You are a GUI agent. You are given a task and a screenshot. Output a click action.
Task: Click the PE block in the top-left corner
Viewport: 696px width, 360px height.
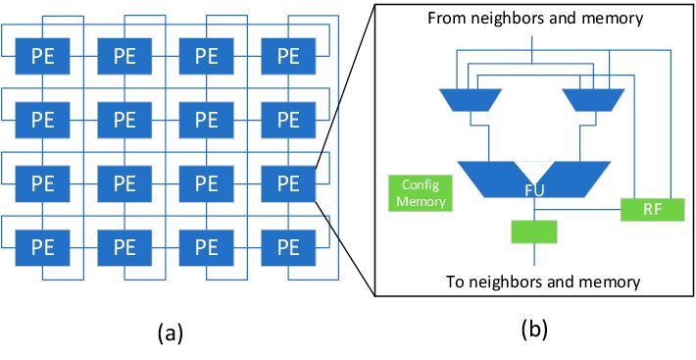(x=42, y=56)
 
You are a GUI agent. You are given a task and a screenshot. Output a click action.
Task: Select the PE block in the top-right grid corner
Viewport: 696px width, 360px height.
(x=287, y=56)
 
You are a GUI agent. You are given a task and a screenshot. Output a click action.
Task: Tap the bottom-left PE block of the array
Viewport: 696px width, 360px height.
(x=42, y=246)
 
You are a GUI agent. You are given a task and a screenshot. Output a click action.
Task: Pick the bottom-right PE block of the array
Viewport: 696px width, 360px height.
(x=287, y=246)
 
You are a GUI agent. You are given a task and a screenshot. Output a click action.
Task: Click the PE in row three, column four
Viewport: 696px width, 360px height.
(x=287, y=183)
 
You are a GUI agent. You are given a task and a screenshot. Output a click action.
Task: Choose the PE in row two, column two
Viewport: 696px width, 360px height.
(x=124, y=120)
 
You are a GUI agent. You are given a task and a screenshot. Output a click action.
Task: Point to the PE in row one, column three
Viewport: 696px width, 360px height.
(x=206, y=56)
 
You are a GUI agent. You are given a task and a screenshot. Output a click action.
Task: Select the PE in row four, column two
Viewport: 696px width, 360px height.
(x=124, y=246)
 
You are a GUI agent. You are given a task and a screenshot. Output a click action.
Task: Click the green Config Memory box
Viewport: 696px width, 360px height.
(x=418, y=192)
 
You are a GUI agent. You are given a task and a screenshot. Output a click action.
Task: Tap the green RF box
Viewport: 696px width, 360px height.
(x=652, y=208)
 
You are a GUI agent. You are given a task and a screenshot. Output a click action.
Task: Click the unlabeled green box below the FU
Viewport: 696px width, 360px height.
(x=534, y=231)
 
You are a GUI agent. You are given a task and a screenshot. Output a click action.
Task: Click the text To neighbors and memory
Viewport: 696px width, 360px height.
(x=542, y=282)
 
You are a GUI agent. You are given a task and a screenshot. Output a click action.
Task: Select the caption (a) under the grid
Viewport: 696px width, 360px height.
(x=169, y=334)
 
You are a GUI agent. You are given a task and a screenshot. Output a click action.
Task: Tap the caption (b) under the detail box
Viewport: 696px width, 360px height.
(x=533, y=330)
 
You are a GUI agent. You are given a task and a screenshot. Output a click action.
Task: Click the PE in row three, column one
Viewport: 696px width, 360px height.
(x=42, y=183)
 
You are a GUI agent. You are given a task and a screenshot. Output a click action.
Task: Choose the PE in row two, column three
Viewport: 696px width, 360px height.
(x=206, y=120)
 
